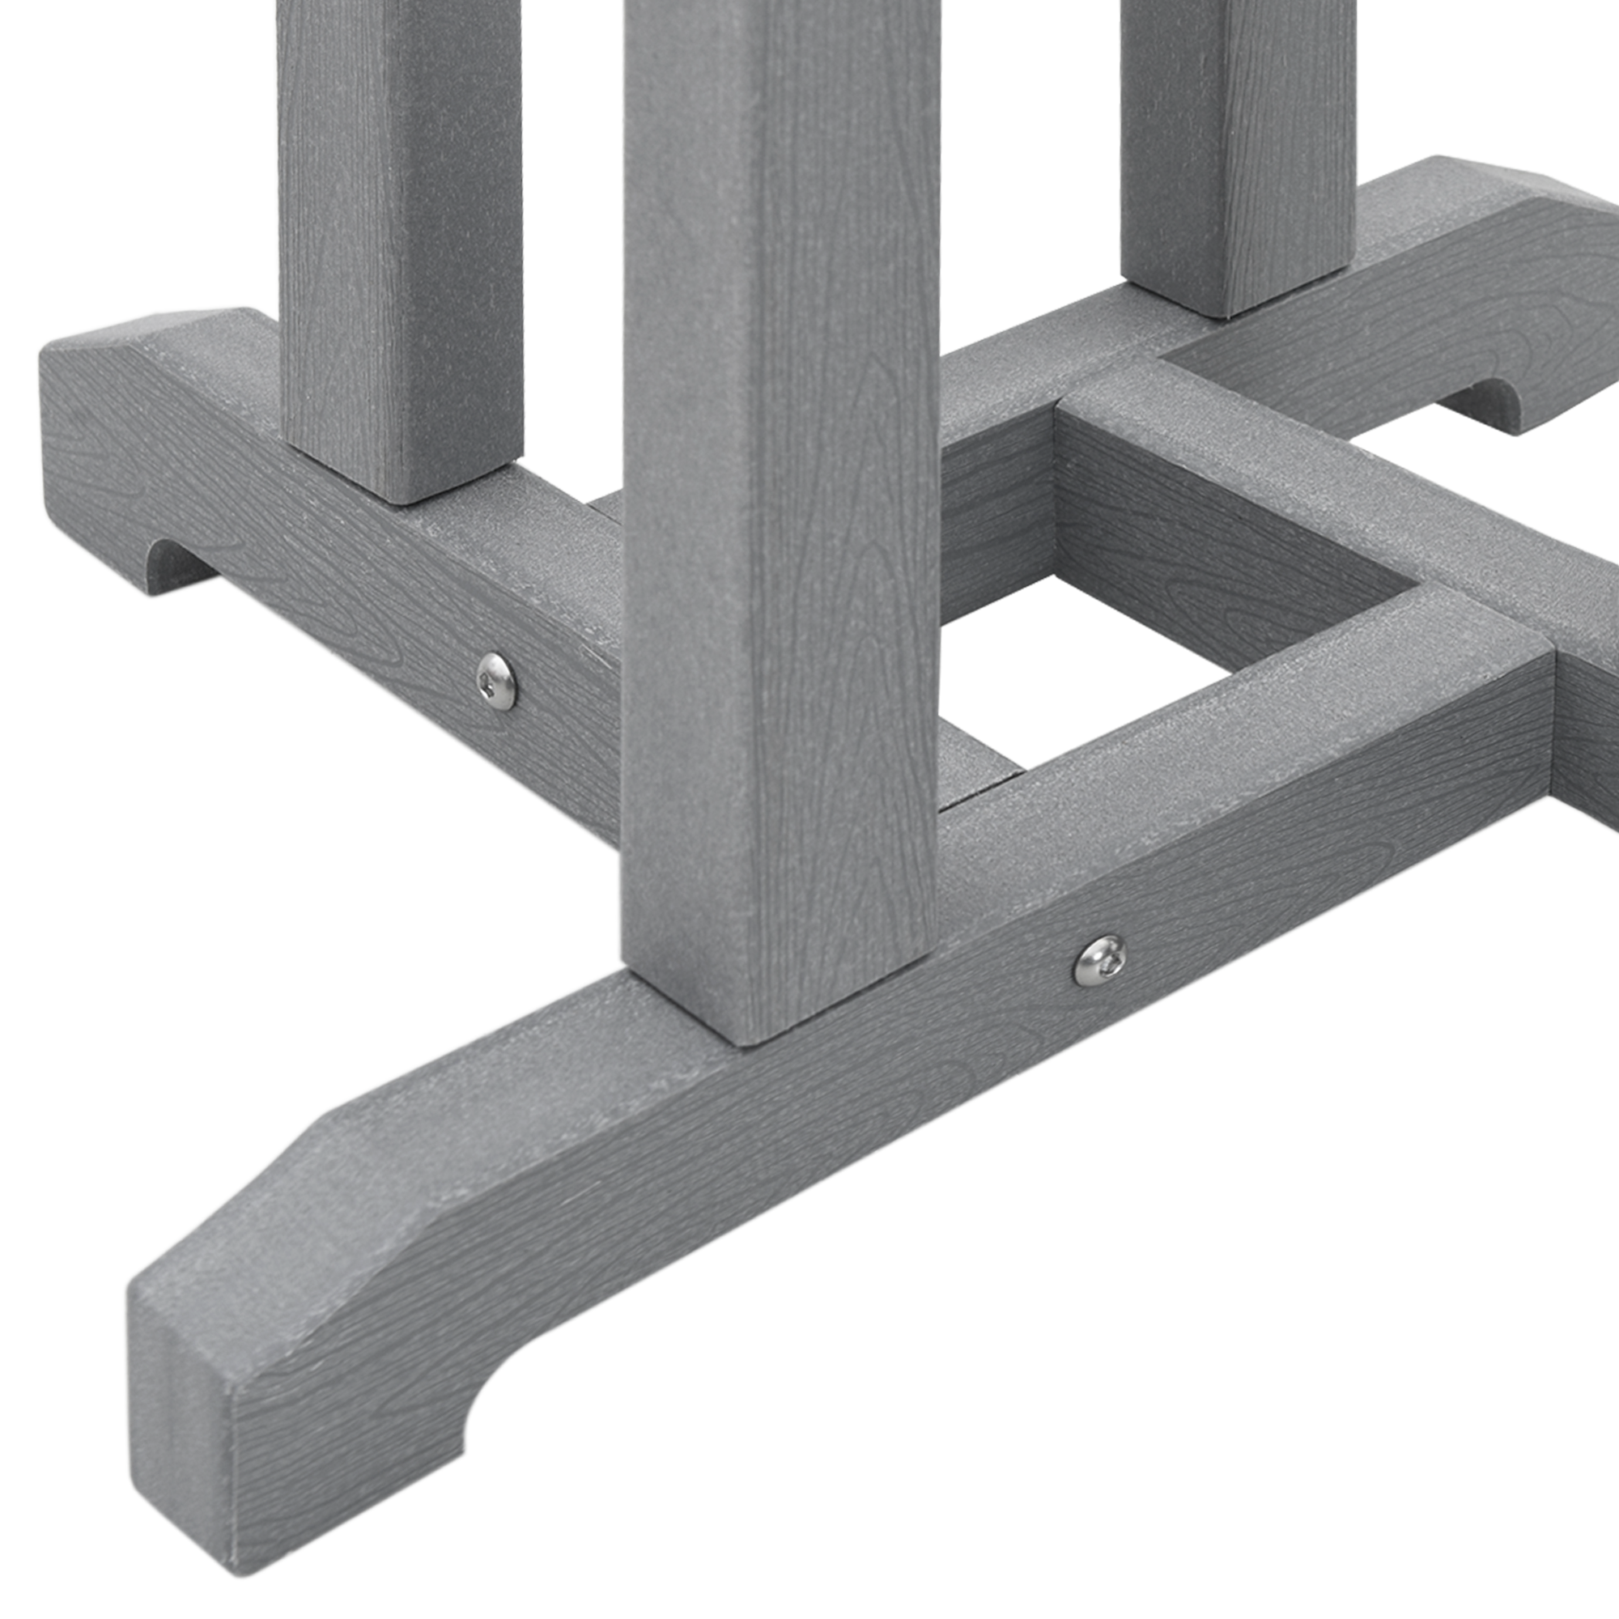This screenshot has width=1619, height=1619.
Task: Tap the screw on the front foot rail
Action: [1099, 960]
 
